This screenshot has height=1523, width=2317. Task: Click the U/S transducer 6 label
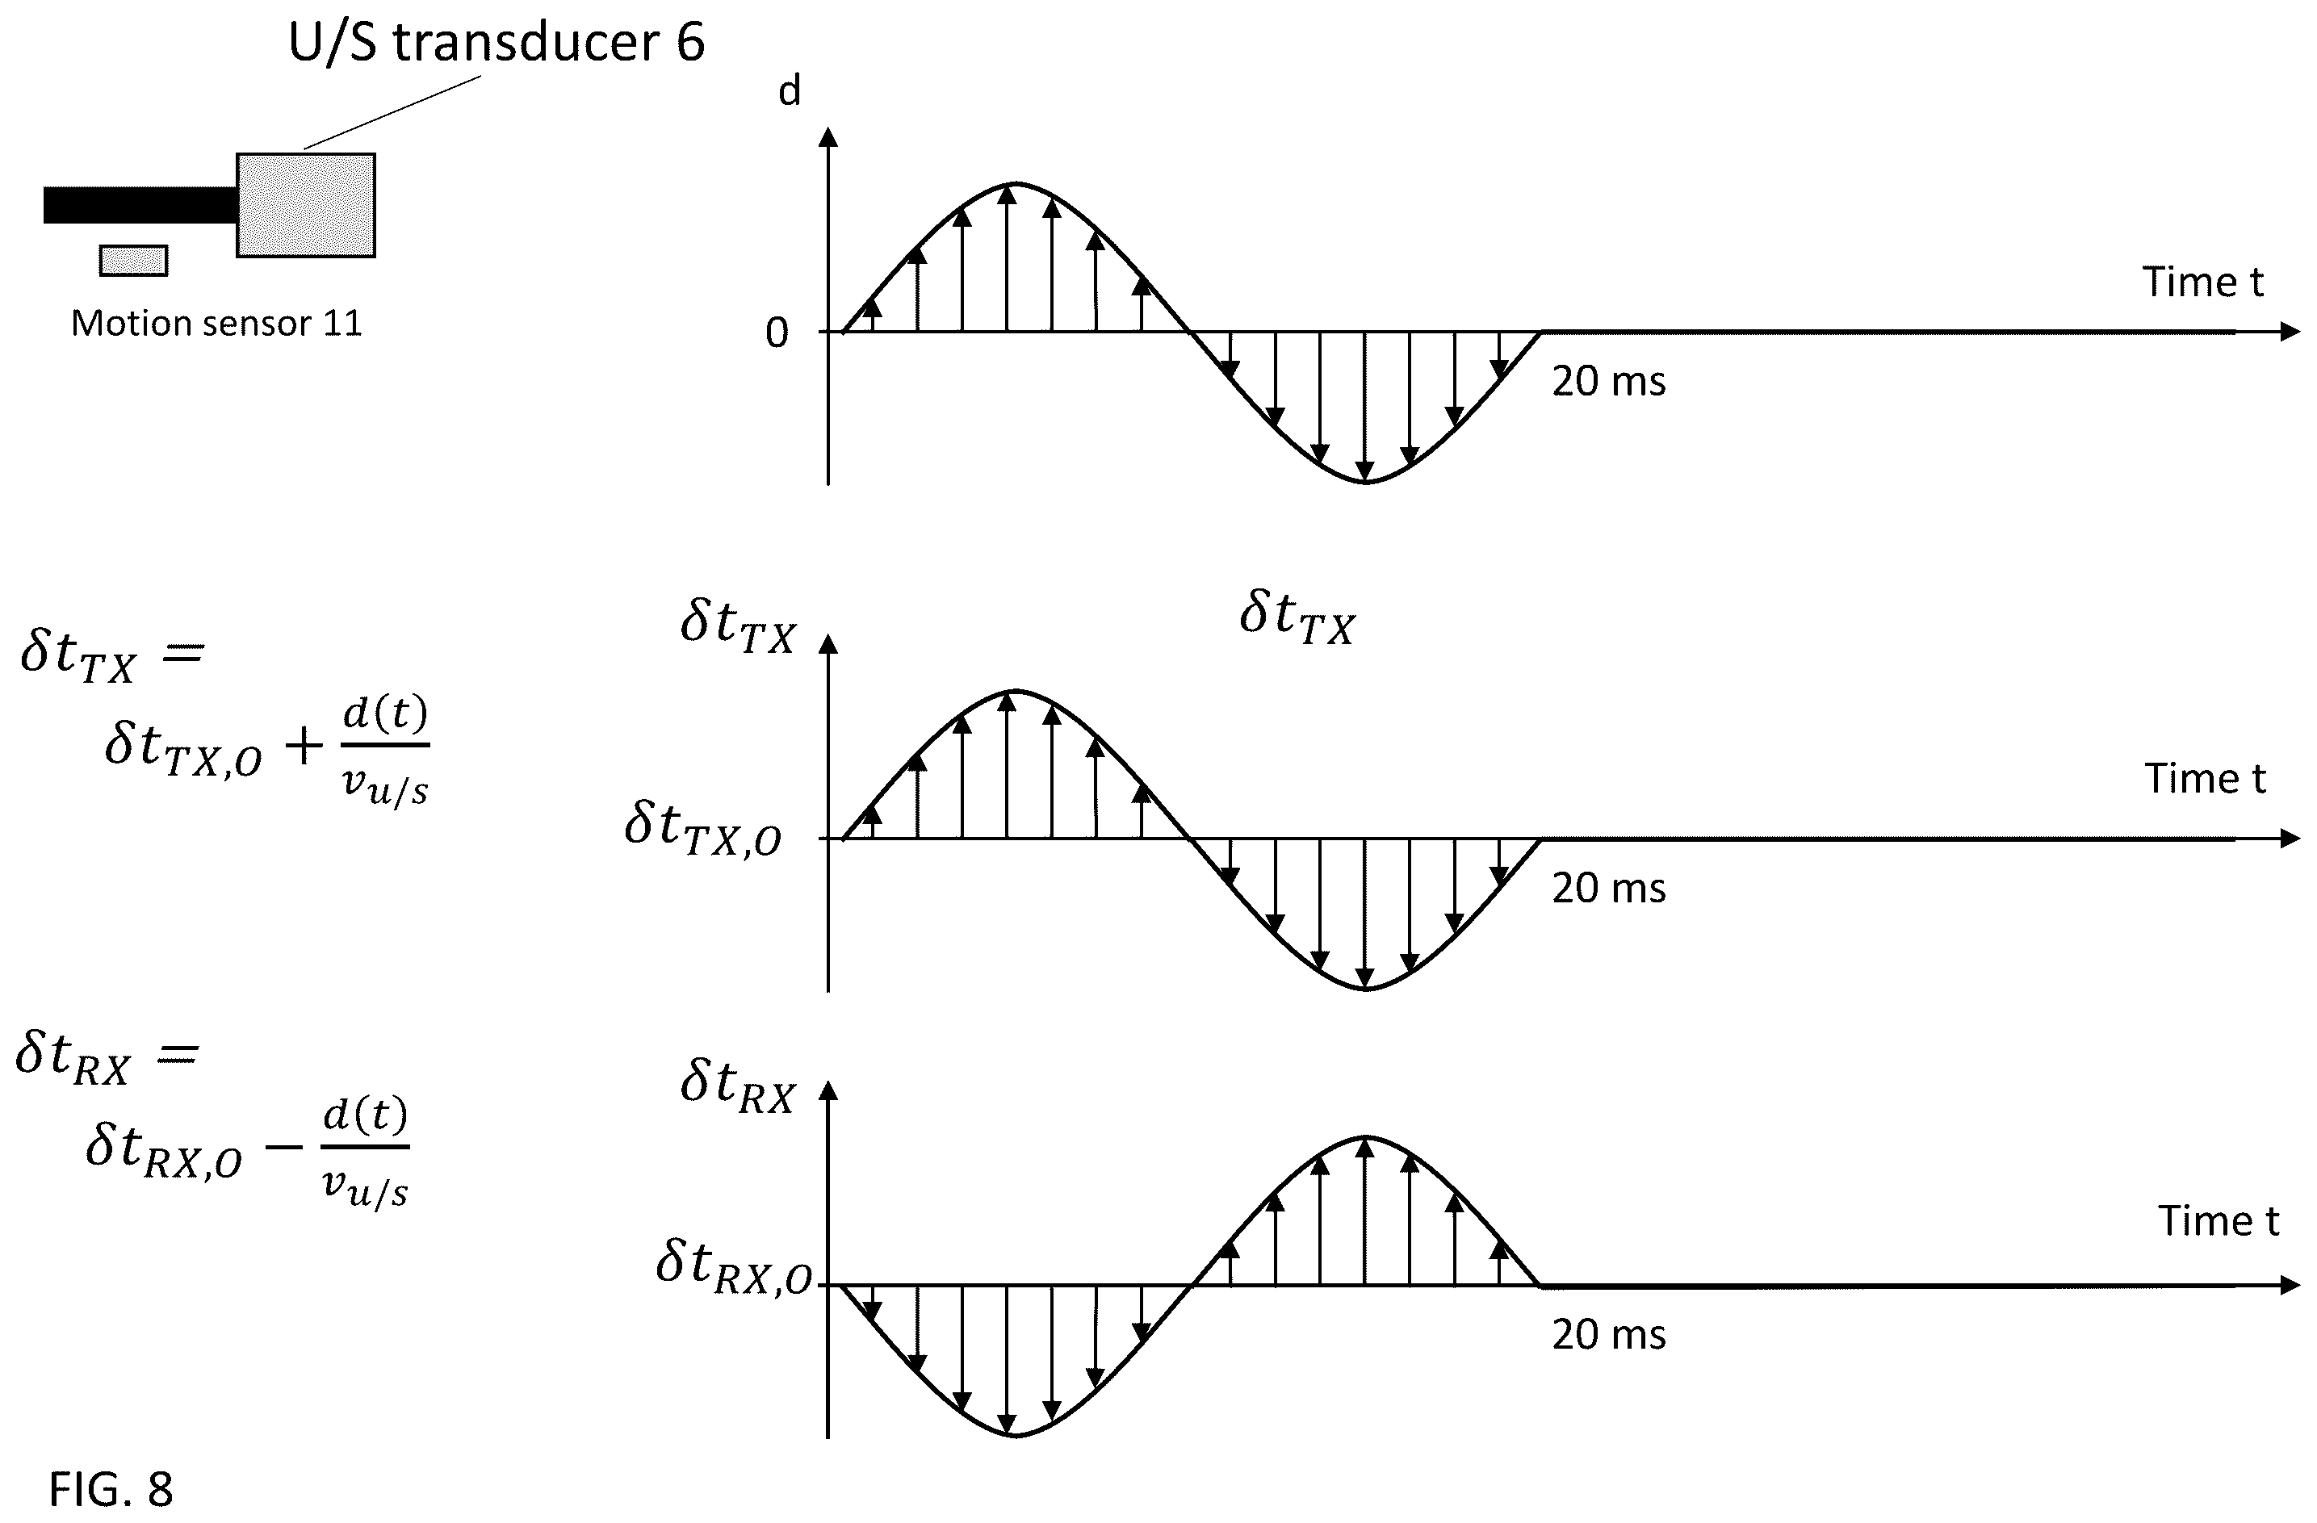[497, 43]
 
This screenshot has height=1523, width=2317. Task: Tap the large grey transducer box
[306, 205]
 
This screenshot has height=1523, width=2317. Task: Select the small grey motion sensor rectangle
[133, 261]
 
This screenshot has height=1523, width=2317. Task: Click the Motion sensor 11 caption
[216, 323]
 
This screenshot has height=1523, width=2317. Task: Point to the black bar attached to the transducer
[140, 204]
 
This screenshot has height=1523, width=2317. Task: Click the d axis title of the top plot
[790, 90]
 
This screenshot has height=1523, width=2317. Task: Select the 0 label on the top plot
[777, 333]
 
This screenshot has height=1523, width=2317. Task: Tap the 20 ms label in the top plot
[1608, 382]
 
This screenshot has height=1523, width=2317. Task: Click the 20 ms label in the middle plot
[1608, 889]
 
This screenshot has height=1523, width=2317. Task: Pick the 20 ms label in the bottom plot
[1608, 1334]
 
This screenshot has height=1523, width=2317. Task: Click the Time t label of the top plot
[2203, 282]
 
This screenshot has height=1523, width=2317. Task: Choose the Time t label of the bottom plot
[2219, 1220]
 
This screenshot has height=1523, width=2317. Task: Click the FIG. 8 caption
[111, 1489]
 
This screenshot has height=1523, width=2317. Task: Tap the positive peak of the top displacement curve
[1016, 183]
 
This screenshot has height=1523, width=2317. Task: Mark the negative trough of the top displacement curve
[1366, 482]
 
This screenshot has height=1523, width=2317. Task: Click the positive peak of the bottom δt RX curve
[1366, 1136]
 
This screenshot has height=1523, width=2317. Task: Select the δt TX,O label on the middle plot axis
[703, 829]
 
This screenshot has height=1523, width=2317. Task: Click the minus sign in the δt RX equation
[283, 1148]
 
